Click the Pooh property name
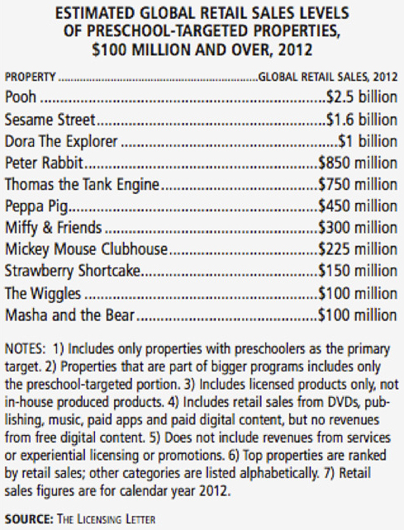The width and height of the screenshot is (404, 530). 21,97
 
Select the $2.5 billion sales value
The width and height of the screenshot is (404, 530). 362,97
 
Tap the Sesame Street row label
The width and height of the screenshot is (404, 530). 50,120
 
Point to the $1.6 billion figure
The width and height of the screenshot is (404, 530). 362,120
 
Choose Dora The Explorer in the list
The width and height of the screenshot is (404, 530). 61,141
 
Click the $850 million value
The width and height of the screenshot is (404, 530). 358,163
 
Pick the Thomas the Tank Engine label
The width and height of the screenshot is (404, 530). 82,185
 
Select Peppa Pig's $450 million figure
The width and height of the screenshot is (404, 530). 358,206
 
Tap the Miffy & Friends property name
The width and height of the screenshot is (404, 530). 54,228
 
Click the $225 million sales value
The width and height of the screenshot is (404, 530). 358,249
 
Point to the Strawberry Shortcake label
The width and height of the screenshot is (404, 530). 73,271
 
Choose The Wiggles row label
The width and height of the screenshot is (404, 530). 43,293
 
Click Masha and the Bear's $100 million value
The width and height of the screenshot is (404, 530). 358,315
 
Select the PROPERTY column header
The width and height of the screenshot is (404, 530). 30,77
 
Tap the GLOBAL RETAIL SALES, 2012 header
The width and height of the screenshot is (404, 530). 328,77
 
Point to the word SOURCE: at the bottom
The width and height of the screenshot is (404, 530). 29,518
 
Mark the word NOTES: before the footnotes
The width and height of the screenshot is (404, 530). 25,349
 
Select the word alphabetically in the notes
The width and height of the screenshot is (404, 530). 279,473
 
